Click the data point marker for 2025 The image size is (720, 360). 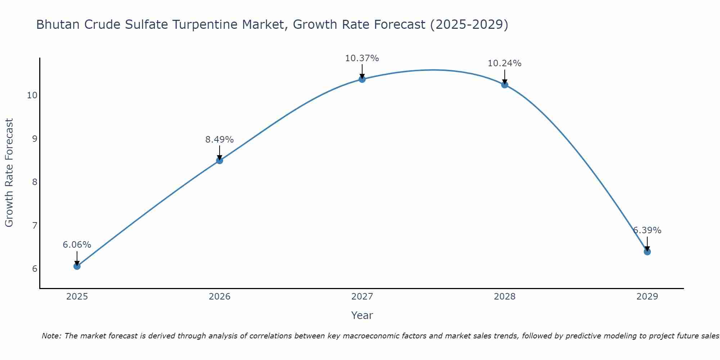point(77,266)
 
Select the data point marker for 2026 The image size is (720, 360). point(220,161)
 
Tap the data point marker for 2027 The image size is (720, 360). point(362,79)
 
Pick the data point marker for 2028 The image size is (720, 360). point(505,85)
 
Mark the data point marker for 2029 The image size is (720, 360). point(647,252)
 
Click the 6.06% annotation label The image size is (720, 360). point(77,245)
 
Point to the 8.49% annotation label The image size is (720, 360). point(220,140)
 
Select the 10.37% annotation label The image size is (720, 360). point(362,58)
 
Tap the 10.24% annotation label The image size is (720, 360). point(505,63)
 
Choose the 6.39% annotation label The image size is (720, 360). point(647,230)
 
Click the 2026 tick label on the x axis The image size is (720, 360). point(220,297)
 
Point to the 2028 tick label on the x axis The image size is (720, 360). point(505,297)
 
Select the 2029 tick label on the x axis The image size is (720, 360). point(647,297)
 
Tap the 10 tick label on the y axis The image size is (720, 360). point(32,95)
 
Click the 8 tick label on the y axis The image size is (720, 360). point(35,182)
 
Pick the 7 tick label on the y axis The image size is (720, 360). point(35,226)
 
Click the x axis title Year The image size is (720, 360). point(362,315)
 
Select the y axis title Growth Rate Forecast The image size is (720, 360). point(9,173)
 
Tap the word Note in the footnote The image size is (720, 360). point(51,336)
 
